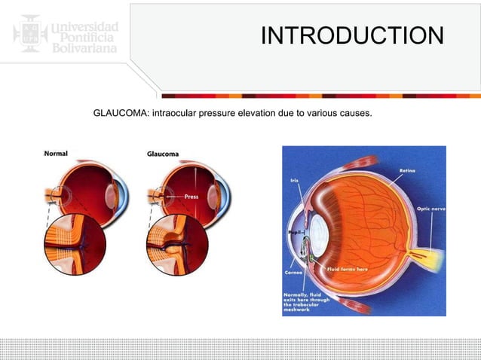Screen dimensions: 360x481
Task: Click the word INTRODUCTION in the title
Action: coord(352,35)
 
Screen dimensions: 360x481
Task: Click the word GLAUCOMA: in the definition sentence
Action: coord(119,114)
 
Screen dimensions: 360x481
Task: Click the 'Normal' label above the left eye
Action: coord(54,154)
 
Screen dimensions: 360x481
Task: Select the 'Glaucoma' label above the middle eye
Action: coord(163,154)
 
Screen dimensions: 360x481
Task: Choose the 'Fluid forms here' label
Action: coord(346,269)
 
